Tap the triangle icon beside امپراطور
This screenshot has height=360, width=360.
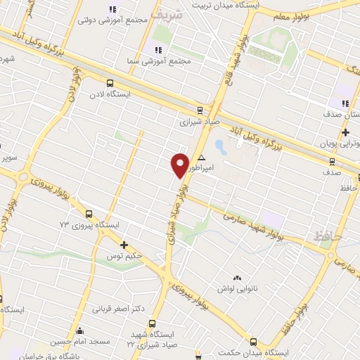[202, 157]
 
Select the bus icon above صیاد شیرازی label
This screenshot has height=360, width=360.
[200, 110]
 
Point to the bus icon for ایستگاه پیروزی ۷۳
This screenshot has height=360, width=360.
[89, 214]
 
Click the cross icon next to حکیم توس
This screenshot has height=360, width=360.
[124, 245]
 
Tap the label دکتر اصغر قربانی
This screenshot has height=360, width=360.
[120, 308]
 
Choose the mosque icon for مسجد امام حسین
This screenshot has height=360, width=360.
[80, 331]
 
